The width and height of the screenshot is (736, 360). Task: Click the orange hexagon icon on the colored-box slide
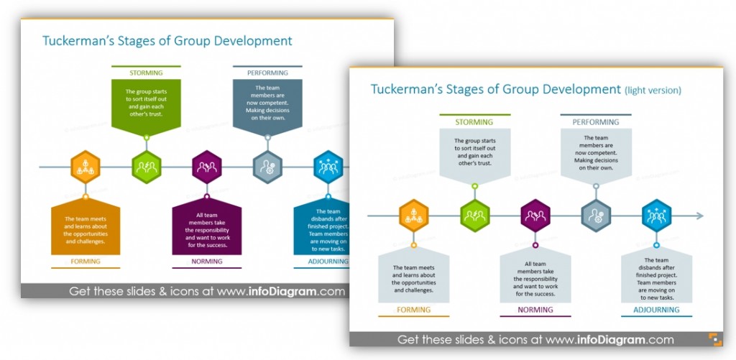point(86,167)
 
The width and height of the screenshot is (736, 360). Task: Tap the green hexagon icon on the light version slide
point(474,216)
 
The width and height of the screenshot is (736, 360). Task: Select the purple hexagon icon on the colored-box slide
point(207,167)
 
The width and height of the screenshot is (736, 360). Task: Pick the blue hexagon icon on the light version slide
point(656,216)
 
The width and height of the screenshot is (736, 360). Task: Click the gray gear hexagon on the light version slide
point(596,216)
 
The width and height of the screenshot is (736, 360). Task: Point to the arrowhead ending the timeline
point(699,216)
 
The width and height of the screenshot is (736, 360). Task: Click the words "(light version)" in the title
point(653,91)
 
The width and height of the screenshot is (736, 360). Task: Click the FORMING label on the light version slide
point(413,310)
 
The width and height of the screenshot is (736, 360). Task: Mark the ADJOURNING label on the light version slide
point(656,310)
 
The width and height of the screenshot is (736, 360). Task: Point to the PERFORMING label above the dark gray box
point(267,73)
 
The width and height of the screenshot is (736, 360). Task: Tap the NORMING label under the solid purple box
point(207,262)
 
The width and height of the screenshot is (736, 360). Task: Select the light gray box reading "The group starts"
point(474,152)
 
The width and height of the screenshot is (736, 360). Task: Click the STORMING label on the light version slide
point(474,122)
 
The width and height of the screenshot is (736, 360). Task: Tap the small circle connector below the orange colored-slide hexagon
point(86,195)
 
